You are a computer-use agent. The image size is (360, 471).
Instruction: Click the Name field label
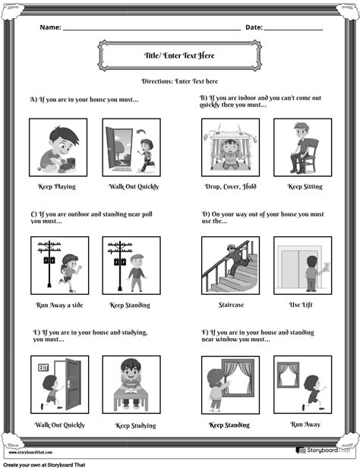(x=50, y=27)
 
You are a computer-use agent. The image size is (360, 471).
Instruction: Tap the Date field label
(x=254, y=27)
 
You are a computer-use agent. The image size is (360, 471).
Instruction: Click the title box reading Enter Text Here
(x=179, y=55)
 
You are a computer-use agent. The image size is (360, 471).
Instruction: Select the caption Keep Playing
(x=57, y=186)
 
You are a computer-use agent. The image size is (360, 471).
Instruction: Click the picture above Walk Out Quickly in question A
(x=131, y=147)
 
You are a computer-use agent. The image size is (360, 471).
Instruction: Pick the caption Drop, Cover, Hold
(x=229, y=186)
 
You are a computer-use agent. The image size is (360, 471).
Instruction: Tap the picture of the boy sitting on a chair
(x=302, y=147)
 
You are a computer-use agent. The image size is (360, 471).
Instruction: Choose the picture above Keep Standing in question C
(x=131, y=265)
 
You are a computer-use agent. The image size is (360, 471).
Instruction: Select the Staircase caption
(x=229, y=305)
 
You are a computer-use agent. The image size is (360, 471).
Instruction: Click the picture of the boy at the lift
(x=302, y=265)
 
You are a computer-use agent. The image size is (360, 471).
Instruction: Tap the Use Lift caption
(x=302, y=305)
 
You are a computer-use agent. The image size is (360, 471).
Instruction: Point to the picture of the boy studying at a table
(x=131, y=384)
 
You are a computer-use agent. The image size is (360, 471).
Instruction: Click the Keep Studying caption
(x=136, y=426)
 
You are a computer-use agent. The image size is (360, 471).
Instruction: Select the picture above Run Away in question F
(x=302, y=384)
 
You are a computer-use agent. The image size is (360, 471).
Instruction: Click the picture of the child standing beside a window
(x=229, y=384)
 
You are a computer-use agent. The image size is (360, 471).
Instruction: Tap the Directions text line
(x=180, y=81)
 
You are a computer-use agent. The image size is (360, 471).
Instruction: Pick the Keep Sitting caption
(x=305, y=186)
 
